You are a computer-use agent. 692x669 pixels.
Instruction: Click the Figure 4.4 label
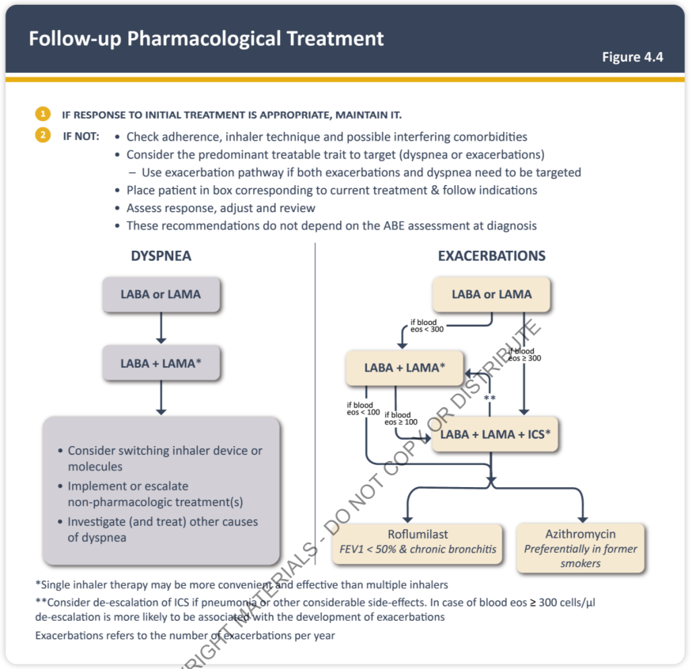tap(633, 57)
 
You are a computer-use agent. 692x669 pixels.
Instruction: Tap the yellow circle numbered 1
tap(43, 114)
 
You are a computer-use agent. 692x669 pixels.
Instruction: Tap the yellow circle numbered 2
tap(43, 135)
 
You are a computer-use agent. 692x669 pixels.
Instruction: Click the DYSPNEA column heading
tap(161, 256)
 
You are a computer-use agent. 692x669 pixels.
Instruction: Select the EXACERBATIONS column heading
tap(492, 256)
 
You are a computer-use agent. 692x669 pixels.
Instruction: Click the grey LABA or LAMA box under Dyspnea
tap(161, 294)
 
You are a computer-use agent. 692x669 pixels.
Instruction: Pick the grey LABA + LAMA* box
tap(161, 363)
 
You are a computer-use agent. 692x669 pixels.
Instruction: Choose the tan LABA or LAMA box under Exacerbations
tap(491, 294)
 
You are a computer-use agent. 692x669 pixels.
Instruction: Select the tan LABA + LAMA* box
tap(405, 368)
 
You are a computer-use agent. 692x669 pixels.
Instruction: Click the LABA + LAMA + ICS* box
tap(495, 434)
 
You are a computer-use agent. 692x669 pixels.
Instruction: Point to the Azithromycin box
tap(580, 548)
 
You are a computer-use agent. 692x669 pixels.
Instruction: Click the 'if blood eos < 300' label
tap(427, 326)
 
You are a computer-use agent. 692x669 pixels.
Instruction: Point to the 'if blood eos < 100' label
tap(363, 409)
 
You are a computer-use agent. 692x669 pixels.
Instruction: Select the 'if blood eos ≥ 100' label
tap(401, 418)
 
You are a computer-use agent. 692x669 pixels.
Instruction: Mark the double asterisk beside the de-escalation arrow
tap(490, 398)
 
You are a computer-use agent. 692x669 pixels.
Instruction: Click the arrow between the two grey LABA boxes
tap(161, 328)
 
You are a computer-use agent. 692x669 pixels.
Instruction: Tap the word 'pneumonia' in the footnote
tap(229, 603)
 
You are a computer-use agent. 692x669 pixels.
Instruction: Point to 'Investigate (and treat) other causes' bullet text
tap(162, 522)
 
